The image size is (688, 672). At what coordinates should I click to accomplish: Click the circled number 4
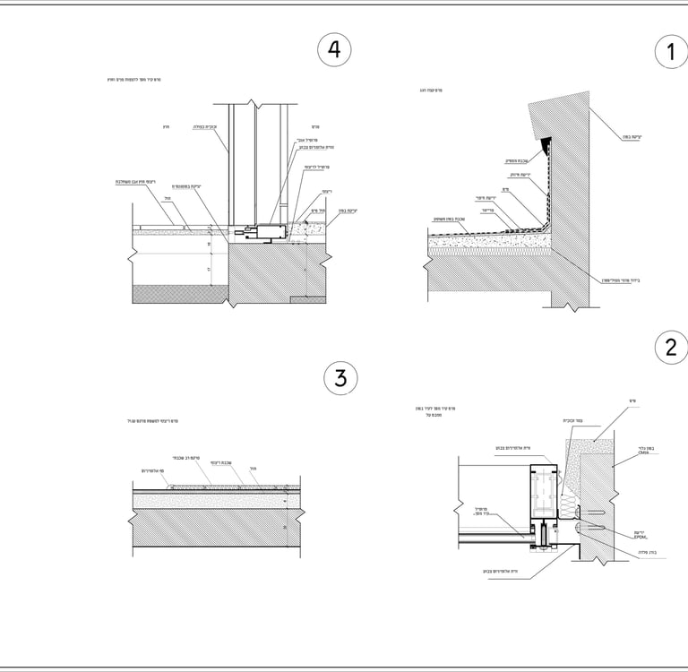[334, 50]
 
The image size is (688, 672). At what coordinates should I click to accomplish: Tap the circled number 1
[671, 52]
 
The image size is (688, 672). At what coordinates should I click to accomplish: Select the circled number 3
[340, 378]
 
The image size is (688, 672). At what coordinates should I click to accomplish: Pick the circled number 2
[671, 347]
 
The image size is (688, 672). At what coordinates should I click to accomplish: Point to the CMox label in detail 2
[643, 453]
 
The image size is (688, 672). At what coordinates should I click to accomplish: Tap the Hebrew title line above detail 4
[135, 80]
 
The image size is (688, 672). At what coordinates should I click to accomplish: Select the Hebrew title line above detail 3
[161, 420]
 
